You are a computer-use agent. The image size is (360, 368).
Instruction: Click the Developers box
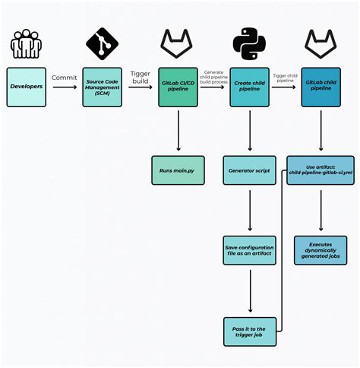[x=27, y=87]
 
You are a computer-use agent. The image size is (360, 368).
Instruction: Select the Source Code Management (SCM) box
[x=102, y=87]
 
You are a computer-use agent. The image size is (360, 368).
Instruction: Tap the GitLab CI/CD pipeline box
[x=178, y=87]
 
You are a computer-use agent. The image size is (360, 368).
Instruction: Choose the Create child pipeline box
[x=249, y=87]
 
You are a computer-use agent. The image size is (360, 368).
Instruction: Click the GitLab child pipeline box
[x=321, y=87]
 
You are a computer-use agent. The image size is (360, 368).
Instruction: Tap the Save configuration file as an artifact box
[x=249, y=250]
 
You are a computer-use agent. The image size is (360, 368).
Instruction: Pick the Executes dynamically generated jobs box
[x=321, y=250]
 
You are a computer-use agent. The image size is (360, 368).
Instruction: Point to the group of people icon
[x=27, y=45]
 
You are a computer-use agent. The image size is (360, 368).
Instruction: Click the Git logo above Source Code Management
[x=102, y=44]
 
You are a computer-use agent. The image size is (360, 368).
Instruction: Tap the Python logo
[x=249, y=44]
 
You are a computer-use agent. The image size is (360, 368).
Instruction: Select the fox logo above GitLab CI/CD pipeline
[x=178, y=44]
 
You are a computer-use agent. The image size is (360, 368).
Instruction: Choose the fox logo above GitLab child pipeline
[x=321, y=44]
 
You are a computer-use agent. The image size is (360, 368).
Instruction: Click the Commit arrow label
[x=64, y=77]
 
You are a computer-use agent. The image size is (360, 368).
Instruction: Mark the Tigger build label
[x=140, y=78]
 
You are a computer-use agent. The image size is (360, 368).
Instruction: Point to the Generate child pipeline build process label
[x=213, y=76]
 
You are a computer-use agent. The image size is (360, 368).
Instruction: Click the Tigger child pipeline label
[x=285, y=78]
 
